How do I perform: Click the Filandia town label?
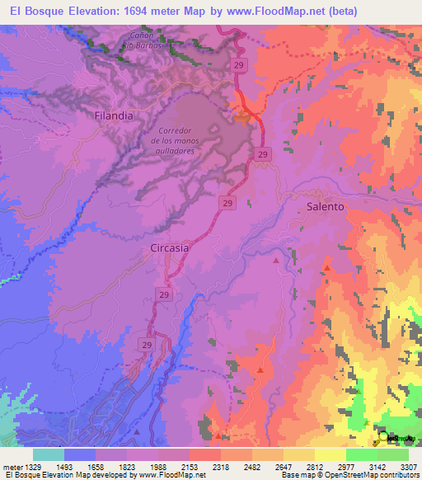pyautogui.click(x=114, y=116)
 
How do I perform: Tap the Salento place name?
pyautogui.click(x=325, y=206)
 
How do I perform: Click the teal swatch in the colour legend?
pyautogui.click(x=49, y=454)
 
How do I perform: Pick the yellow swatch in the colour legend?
pyautogui.click(x=330, y=454)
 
